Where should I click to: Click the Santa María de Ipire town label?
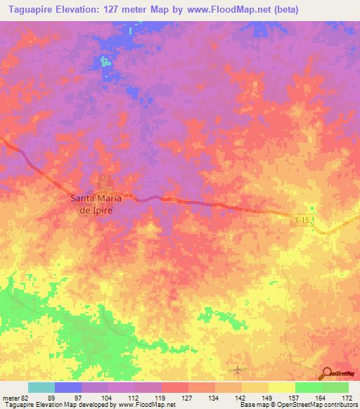point(96,203)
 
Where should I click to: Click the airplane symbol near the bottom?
point(237,370)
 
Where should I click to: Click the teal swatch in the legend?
point(41,387)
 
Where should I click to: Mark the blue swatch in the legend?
point(68,387)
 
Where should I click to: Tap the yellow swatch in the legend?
point(282,387)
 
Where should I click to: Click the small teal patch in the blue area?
point(106,61)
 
